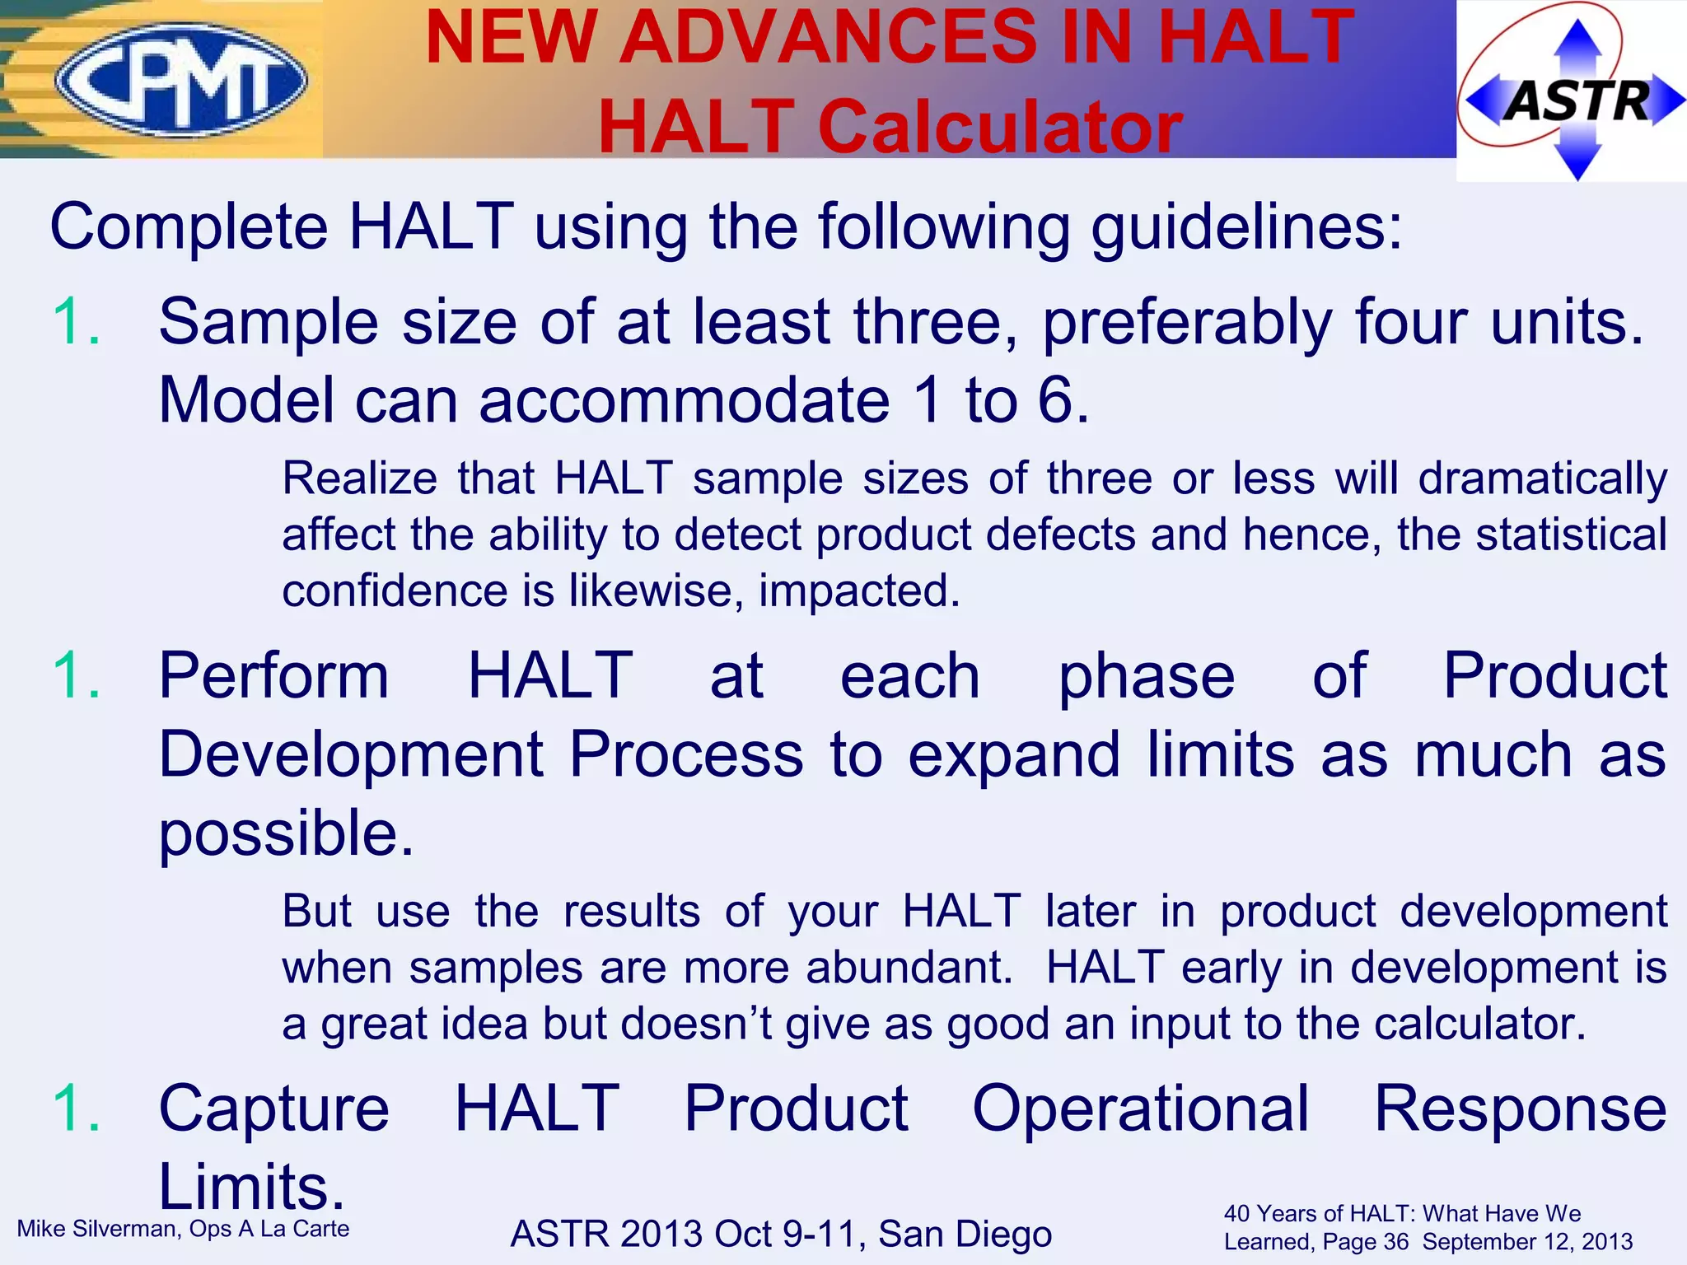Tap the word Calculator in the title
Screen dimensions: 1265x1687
1000,128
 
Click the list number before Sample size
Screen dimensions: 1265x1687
77,322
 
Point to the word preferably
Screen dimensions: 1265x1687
1187,323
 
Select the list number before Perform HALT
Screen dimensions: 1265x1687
77,676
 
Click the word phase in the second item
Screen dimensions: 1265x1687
1146,676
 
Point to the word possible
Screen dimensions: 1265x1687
285,834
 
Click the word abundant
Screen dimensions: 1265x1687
908,968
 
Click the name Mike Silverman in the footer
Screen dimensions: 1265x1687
96,1229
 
